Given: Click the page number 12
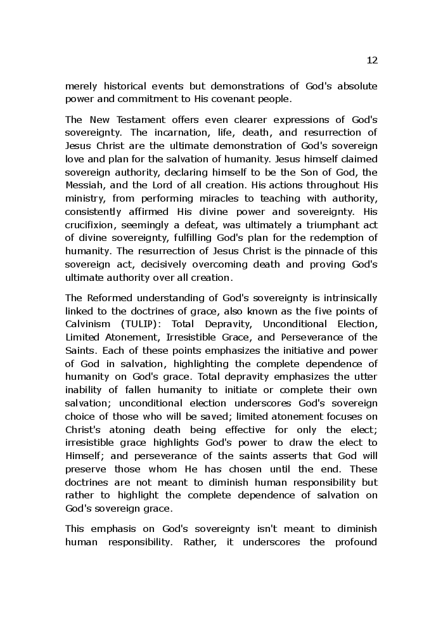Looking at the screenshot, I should [x=372, y=60].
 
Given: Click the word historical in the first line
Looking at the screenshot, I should [x=124, y=86].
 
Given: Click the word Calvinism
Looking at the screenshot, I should [x=88, y=324].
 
